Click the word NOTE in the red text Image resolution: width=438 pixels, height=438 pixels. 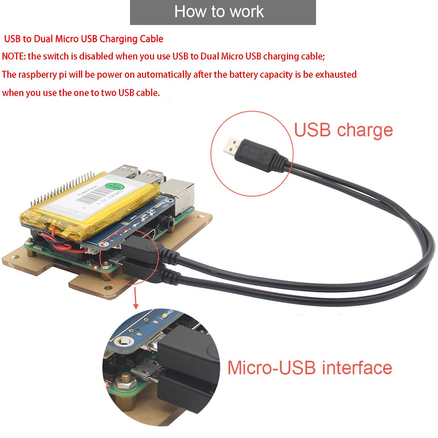coord(14,57)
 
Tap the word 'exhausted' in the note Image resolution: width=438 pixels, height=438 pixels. coord(336,74)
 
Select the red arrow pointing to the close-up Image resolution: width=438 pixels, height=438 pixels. coord(136,298)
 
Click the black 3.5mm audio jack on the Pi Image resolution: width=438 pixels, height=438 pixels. coord(169,221)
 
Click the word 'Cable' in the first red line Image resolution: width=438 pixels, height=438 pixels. coord(151,39)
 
